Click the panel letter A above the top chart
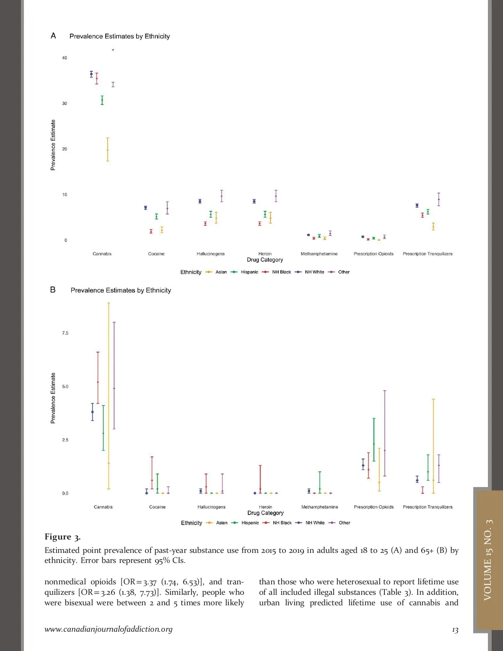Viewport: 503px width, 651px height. [x=53, y=36]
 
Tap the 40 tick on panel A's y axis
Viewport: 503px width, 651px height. [x=65, y=58]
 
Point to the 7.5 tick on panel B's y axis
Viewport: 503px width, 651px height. [x=65, y=333]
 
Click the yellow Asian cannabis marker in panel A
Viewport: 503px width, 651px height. [x=107, y=150]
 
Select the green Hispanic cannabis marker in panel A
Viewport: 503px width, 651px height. [x=102, y=100]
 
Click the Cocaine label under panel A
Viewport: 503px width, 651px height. [x=156, y=254]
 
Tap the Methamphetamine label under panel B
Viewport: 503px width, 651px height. [x=319, y=507]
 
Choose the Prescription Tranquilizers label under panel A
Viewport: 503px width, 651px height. [x=428, y=254]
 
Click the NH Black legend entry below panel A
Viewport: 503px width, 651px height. [x=281, y=272]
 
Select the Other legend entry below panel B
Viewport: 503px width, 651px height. [x=344, y=523]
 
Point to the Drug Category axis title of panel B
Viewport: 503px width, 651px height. [x=265, y=513]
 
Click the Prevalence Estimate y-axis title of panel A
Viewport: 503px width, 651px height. [x=53, y=145]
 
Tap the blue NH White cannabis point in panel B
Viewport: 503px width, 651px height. [x=93, y=412]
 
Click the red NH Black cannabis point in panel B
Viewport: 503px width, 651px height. [x=98, y=382]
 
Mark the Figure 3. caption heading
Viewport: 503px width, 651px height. [x=62, y=537]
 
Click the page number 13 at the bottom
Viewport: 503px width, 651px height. [x=455, y=630]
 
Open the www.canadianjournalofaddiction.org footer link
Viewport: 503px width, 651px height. [x=109, y=629]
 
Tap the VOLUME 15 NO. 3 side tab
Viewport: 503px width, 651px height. [x=488, y=560]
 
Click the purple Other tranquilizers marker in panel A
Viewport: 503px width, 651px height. [x=439, y=200]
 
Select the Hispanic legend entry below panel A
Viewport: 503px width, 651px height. [x=249, y=272]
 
